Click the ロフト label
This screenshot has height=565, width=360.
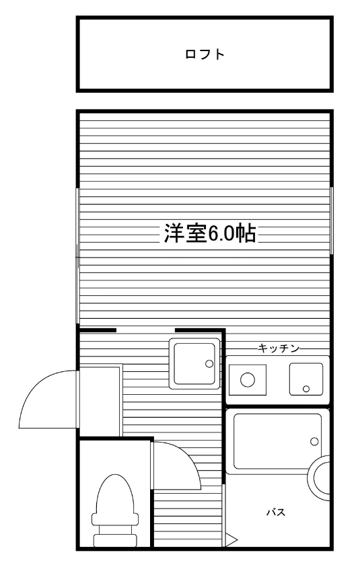click(205, 54)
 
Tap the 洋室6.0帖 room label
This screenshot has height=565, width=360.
click(210, 233)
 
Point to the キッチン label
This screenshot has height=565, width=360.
click(279, 348)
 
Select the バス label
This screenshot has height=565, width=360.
click(276, 512)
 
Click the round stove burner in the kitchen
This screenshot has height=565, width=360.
click(248, 379)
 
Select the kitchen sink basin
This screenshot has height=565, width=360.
click(306, 379)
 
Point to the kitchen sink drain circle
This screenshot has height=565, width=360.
click(306, 389)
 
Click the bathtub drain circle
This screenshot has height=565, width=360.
click(314, 441)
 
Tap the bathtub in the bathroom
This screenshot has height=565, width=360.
click(277, 441)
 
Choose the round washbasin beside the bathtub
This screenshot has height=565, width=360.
click(320, 478)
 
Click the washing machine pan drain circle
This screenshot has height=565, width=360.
click(209, 364)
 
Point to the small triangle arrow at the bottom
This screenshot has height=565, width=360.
click(231, 539)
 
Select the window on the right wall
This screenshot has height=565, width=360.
click(332, 221)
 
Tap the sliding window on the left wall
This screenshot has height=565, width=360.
click(77, 255)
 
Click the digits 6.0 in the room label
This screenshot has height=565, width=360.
click(221, 233)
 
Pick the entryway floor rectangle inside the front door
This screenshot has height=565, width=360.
click(100, 402)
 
